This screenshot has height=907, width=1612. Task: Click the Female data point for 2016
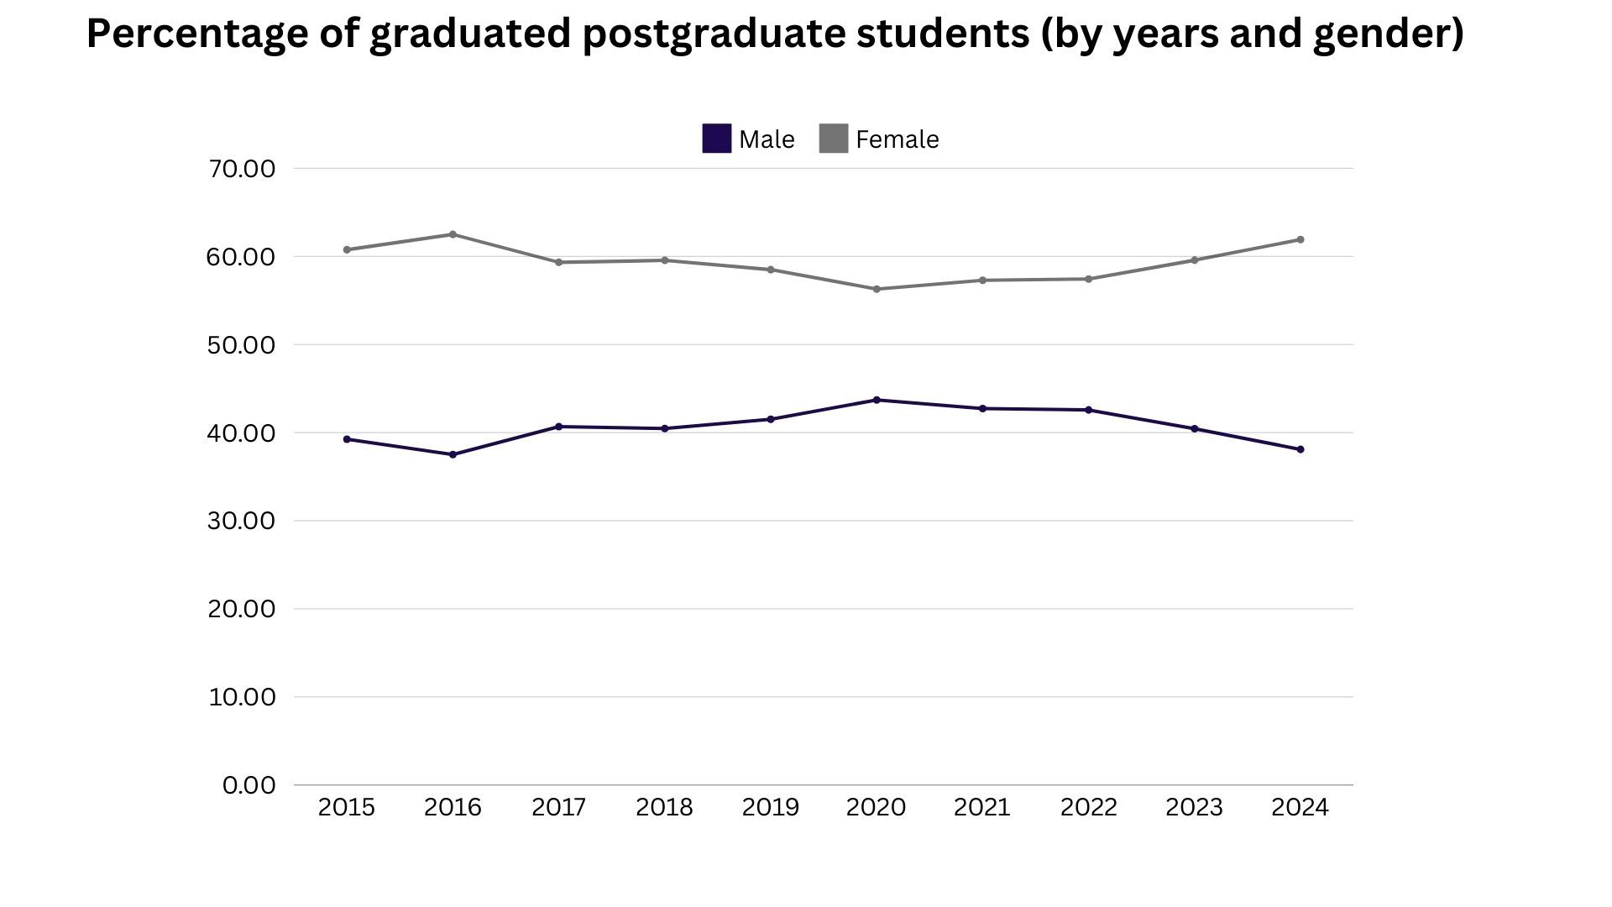point(453,234)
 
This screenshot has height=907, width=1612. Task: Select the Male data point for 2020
point(877,400)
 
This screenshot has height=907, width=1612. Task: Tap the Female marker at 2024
point(1301,239)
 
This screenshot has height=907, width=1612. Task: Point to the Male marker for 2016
point(453,454)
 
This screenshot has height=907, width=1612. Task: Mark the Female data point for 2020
point(877,289)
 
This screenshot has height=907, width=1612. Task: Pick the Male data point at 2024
point(1301,449)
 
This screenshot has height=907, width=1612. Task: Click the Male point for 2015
point(347,439)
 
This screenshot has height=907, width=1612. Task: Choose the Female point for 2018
point(665,260)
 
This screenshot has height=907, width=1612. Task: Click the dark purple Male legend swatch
point(716,139)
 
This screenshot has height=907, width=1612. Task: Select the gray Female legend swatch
point(833,139)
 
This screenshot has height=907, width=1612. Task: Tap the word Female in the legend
point(897,139)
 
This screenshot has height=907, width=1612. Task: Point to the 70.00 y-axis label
point(241,169)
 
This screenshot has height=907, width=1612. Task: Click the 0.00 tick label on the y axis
point(249,785)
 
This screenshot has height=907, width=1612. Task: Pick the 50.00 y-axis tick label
point(241,345)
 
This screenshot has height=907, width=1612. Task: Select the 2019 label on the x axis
point(771,807)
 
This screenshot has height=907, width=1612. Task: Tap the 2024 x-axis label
point(1300,807)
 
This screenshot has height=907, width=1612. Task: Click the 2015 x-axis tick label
point(347,807)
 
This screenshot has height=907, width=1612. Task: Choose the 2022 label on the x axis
point(1088,807)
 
